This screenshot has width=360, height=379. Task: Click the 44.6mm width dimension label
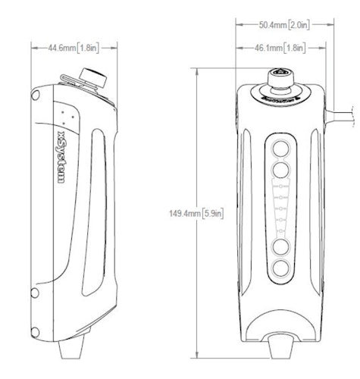pos(74,48)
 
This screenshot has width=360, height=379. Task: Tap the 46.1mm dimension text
pos(280,49)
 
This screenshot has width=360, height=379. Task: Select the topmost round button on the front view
pos(280,147)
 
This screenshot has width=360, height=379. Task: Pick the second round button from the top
pos(280,169)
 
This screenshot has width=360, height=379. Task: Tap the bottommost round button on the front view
pos(280,268)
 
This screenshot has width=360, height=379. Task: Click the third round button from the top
pos(280,246)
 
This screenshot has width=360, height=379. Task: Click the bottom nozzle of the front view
pos(280,347)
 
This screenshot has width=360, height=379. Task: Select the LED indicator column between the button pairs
pos(280,207)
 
